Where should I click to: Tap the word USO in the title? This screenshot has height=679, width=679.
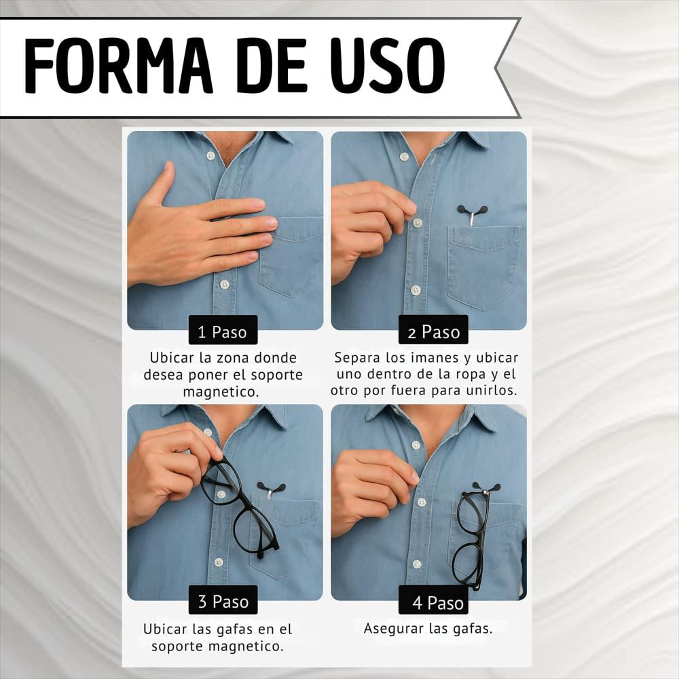388,65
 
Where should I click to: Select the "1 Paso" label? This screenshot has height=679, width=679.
223,332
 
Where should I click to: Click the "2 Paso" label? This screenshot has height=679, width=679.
433,332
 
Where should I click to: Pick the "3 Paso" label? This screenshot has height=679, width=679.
223,602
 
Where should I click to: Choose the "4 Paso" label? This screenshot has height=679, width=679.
433,602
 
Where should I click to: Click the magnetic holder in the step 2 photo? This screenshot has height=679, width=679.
472,213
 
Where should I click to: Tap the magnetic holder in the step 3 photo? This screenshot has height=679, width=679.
271,489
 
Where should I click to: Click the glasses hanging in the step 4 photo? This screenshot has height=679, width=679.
471,536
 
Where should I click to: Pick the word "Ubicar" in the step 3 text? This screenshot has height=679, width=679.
164,629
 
